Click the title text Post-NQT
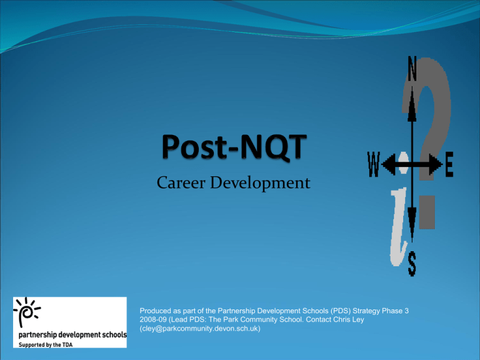(234, 147)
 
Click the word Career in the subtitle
(181, 182)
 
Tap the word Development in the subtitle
(260, 183)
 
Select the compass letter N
(412, 69)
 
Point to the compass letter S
(412, 264)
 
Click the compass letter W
(374, 164)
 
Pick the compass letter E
(449, 165)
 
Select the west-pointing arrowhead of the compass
(389, 164)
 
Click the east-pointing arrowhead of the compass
(436, 164)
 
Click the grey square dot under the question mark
(427, 212)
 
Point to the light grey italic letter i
(399, 226)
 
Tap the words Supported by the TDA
(46, 345)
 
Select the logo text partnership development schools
(72, 334)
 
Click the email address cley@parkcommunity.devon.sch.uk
(200, 329)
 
